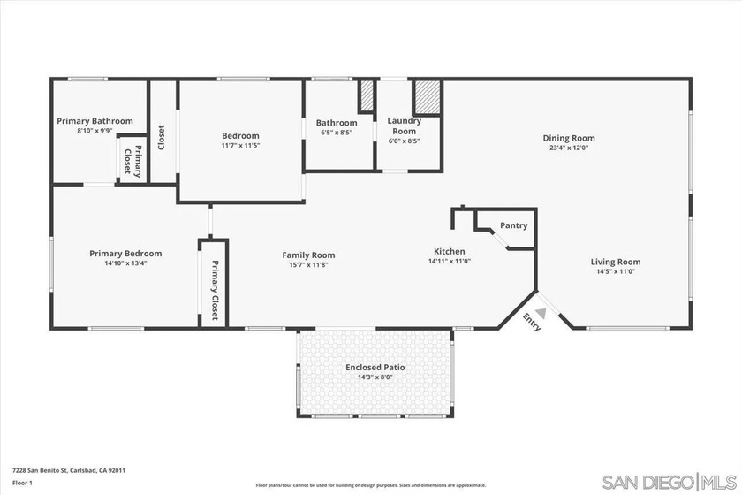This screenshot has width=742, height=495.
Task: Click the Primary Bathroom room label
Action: click(95, 121)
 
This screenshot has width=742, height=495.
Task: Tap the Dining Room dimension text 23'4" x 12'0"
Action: click(568, 148)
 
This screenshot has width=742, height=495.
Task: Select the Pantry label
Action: click(513, 225)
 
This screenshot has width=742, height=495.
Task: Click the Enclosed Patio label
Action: click(375, 367)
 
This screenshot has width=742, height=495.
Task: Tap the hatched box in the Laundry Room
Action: click(427, 96)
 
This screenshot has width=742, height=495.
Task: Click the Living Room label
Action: click(616, 262)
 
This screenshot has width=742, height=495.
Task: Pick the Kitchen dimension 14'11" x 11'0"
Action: click(450, 262)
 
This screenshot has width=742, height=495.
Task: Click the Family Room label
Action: click(308, 255)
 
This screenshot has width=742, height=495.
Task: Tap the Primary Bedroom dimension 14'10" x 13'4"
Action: click(125, 263)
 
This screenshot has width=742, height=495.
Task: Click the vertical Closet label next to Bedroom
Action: click(162, 137)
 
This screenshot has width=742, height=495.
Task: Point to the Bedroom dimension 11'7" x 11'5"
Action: click(240, 146)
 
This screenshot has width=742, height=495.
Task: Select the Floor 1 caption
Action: click(23, 484)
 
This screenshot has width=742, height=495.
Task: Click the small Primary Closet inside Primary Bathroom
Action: click(132, 160)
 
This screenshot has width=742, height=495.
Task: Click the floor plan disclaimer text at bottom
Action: click(371, 485)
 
